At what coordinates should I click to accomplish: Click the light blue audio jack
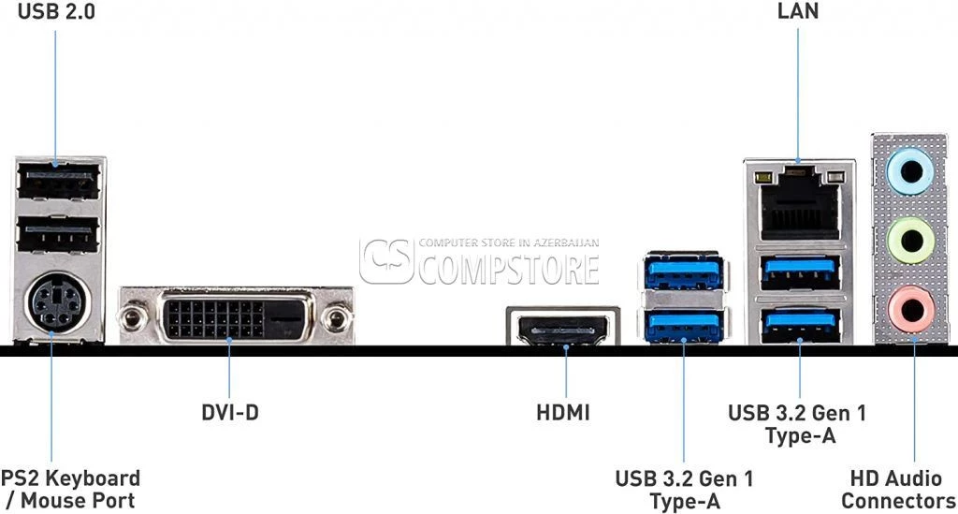(911, 171)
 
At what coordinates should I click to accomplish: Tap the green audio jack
(911, 241)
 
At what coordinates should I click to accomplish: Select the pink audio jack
(911, 309)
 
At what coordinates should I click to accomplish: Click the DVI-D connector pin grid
(215, 319)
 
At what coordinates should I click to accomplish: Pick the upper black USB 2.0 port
(58, 181)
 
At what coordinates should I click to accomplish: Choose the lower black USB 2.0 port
(58, 235)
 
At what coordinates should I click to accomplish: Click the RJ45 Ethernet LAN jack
(801, 203)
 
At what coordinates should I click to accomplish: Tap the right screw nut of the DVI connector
(336, 318)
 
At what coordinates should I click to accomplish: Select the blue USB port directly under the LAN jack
(801, 272)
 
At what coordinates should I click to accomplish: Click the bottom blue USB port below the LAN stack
(801, 325)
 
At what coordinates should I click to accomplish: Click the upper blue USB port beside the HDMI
(684, 272)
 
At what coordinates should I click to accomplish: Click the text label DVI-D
(230, 413)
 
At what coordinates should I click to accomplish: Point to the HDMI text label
(563, 413)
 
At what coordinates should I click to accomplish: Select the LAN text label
(798, 10)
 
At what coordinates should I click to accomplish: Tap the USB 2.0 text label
(57, 11)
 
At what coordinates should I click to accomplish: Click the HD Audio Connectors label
(897, 489)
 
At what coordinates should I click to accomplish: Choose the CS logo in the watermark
(386, 261)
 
